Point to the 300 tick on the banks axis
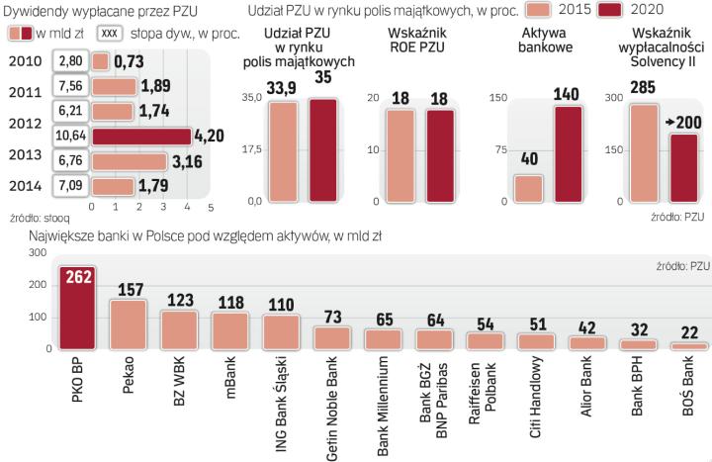(38, 253)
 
